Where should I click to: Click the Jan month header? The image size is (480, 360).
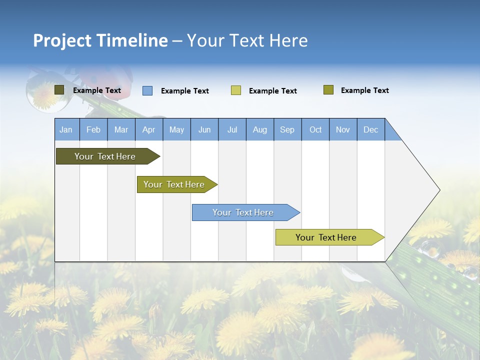coord(66,129)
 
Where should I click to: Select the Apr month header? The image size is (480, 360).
coord(148,129)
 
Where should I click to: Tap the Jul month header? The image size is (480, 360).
coord(232,129)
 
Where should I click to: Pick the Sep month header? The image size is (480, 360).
coord(287,129)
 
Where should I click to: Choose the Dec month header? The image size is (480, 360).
coord(370,129)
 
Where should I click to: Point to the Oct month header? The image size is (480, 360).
coord(315,129)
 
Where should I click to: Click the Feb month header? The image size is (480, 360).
coord(93,129)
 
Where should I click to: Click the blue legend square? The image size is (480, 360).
coord(147,90)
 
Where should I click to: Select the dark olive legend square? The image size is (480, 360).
coord(59,90)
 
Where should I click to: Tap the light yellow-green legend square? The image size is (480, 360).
coord(236,90)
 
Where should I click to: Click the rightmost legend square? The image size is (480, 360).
coord(328,90)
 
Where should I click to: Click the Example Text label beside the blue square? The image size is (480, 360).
coord(184,91)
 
